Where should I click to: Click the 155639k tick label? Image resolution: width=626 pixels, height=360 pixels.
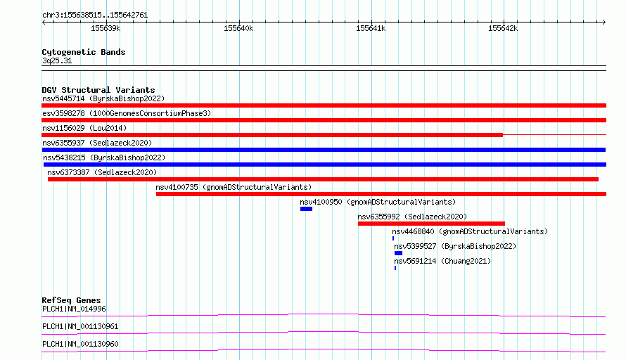(x=106, y=28)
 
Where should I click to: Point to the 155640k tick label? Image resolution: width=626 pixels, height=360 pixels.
(x=238, y=28)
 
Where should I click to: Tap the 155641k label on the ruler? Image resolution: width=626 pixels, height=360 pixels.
(x=371, y=28)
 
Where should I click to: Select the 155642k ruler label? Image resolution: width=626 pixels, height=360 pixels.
(x=503, y=28)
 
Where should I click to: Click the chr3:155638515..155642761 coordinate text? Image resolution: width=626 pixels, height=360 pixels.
(x=95, y=15)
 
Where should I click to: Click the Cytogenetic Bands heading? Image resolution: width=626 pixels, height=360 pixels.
(x=84, y=52)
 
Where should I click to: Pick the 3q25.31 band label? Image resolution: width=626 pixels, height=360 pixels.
(x=57, y=60)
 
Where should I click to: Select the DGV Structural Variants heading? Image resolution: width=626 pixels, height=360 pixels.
(x=98, y=90)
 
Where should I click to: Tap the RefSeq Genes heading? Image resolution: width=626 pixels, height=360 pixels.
(x=71, y=300)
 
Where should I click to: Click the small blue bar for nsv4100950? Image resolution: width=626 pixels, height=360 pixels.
(x=306, y=209)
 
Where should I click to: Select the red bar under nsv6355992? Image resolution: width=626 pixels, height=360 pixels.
(x=431, y=224)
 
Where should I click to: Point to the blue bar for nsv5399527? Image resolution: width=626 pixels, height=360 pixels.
(x=398, y=253)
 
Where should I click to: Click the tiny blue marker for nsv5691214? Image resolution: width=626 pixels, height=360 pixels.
(x=395, y=268)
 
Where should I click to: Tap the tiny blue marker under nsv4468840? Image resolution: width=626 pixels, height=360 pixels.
(x=393, y=238)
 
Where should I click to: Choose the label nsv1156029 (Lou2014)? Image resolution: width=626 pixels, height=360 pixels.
(x=84, y=128)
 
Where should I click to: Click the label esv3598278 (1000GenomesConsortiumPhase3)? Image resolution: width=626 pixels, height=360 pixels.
(x=127, y=113)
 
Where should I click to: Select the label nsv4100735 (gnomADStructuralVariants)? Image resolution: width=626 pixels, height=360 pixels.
(x=234, y=187)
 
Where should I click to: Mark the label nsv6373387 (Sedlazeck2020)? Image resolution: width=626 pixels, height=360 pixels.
(x=102, y=172)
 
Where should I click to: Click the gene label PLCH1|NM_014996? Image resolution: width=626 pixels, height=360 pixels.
(x=75, y=309)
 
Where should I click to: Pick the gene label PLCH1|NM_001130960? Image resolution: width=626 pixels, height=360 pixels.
(x=80, y=344)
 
